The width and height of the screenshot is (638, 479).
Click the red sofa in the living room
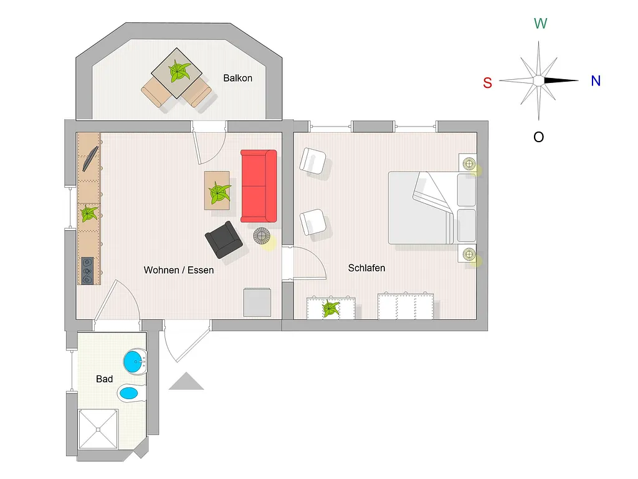(259, 186)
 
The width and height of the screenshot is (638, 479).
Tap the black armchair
(224, 239)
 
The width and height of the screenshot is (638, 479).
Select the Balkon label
(237, 78)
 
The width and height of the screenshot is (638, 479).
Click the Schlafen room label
(366, 268)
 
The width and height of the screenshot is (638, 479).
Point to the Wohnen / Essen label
(179, 270)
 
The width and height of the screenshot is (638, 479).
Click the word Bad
(104, 379)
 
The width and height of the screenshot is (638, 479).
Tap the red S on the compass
(487, 83)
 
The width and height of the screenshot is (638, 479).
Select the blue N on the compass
(596, 81)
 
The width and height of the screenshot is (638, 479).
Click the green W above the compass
(540, 24)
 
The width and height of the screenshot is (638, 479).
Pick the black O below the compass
(538, 137)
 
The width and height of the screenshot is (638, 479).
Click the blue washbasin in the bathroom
(135, 361)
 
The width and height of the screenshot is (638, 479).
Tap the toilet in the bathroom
(131, 393)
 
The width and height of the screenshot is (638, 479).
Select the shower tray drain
(98, 429)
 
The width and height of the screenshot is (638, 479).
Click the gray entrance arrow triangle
(186, 381)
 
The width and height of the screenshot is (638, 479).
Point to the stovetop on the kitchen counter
(87, 271)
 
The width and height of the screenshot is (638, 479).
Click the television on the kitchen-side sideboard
(90, 159)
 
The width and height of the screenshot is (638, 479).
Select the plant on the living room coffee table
(219, 193)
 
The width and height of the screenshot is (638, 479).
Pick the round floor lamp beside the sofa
(262, 236)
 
